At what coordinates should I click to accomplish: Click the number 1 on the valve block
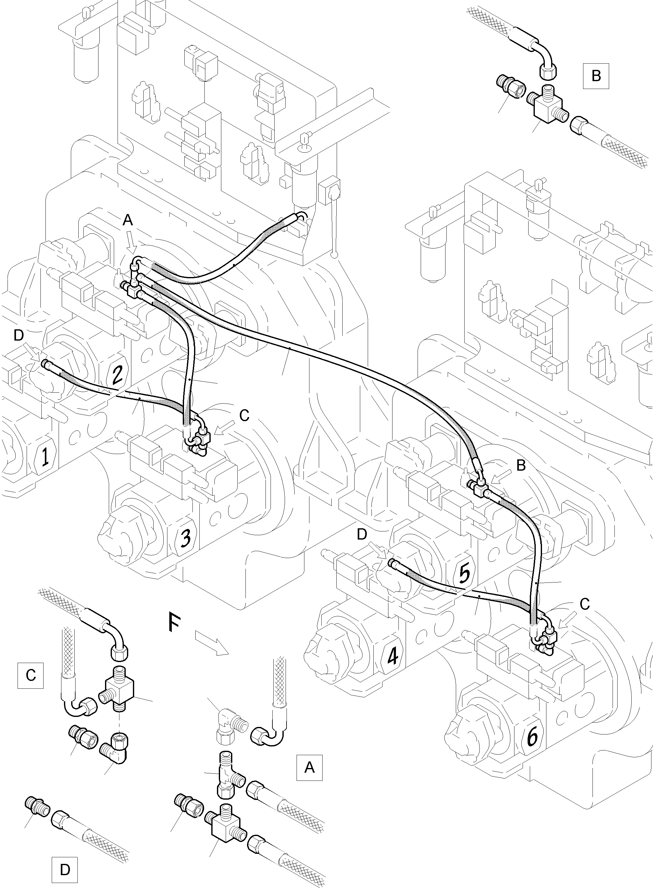[45, 457]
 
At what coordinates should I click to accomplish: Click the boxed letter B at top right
[596, 76]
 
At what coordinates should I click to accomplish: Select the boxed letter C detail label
[30, 676]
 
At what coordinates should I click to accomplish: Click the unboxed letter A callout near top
[128, 220]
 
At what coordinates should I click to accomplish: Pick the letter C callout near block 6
[585, 603]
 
